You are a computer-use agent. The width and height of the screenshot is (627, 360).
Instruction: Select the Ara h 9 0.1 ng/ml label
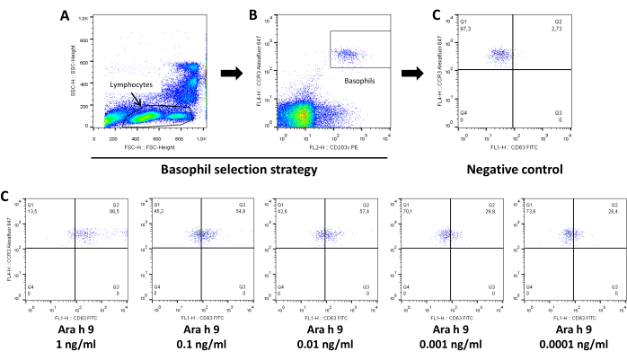[195, 338]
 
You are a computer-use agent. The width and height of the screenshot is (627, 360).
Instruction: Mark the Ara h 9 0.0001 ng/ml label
[571, 338]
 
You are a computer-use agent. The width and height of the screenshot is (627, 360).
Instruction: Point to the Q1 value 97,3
[464, 28]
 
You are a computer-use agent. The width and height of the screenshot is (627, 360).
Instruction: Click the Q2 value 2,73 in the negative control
[556, 28]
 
